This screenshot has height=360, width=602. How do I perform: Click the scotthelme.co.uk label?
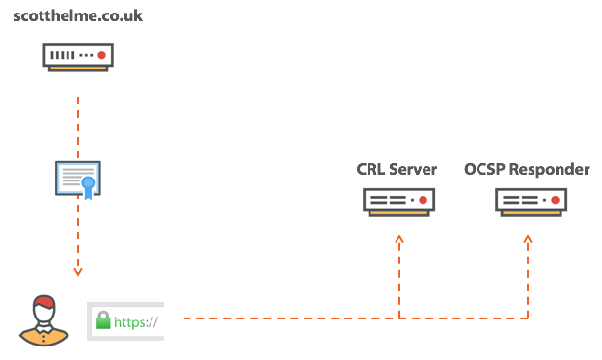click(78, 16)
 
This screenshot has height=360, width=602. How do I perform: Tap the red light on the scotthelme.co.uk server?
click(101, 55)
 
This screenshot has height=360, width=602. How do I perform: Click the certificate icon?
click(78, 180)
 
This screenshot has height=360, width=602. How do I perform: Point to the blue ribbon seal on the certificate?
click(89, 184)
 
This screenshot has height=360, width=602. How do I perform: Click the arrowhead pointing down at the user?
click(78, 271)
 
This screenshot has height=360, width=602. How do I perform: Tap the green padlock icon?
click(103, 322)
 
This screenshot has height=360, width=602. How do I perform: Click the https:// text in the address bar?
click(136, 323)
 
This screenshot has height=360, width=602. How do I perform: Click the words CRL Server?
click(397, 170)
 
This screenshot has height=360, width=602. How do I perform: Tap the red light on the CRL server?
click(422, 200)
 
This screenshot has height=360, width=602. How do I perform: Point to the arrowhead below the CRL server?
click(398, 238)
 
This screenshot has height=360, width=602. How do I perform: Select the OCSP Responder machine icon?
click(531, 201)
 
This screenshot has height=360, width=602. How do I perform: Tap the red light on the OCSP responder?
click(554, 200)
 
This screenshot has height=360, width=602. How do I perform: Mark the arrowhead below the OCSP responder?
click(528, 238)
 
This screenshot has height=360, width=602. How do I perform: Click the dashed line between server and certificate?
click(78, 121)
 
